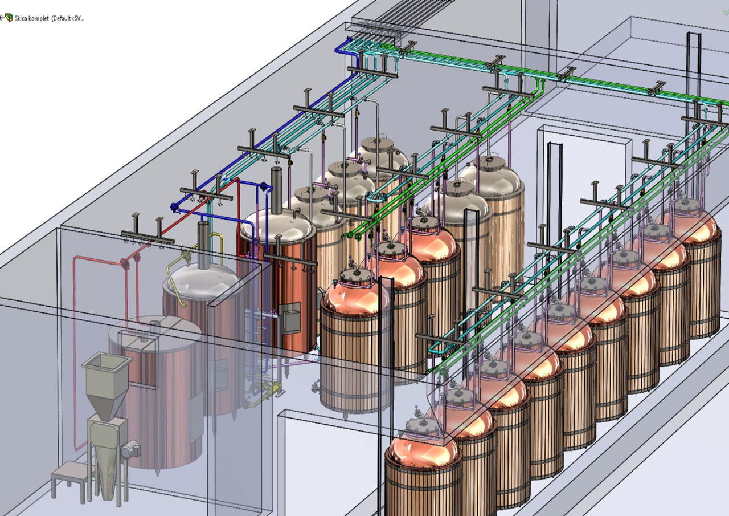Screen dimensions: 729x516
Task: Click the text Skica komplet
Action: (31, 18)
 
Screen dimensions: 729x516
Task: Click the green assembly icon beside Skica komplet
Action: (9, 17)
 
